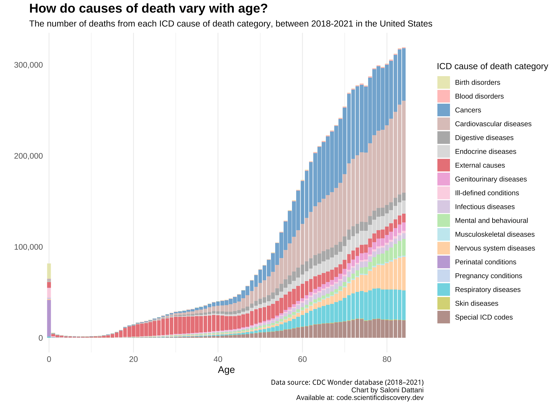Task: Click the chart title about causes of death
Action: click(x=148, y=9)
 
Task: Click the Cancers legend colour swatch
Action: click(x=443, y=110)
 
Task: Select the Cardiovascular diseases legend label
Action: click(x=493, y=124)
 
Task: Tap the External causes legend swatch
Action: click(x=443, y=165)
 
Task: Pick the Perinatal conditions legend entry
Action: click(x=485, y=262)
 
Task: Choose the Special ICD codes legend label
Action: click(x=484, y=317)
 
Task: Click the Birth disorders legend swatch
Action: click(x=443, y=82)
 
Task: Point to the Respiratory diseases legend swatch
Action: click(x=443, y=290)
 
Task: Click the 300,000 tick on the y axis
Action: click(x=28, y=65)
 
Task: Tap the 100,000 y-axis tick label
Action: click(x=28, y=247)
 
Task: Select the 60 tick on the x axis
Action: click(x=302, y=359)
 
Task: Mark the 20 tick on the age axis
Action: click(x=133, y=359)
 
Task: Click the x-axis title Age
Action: click(x=226, y=370)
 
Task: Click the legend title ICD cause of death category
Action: click(x=492, y=66)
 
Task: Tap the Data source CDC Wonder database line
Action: click(x=347, y=382)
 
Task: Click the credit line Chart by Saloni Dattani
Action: click(x=387, y=390)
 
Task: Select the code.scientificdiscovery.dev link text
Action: click(x=380, y=398)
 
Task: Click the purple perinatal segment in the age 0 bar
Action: click(x=49, y=318)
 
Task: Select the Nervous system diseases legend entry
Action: click(x=495, y=248)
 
